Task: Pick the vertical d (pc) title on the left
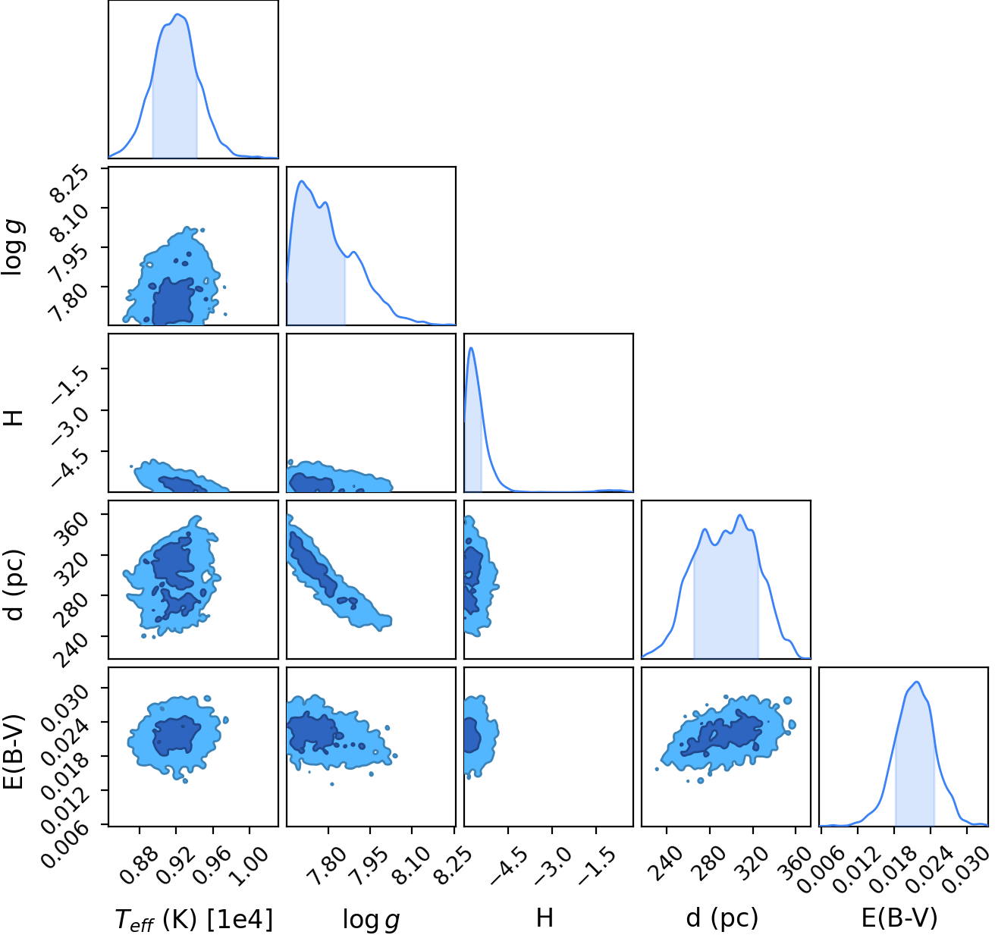pos(14,585)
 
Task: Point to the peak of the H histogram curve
pos(471,347)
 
